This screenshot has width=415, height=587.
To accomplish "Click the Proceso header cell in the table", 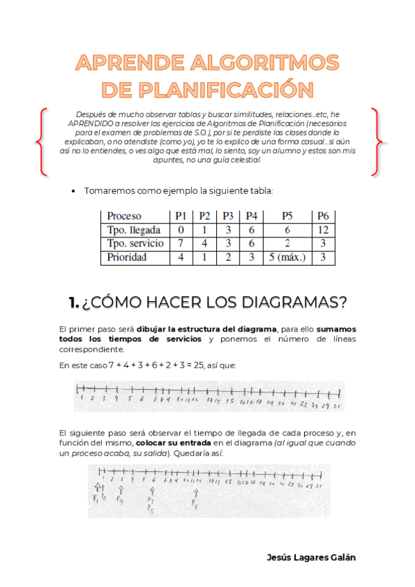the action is coord(125,216).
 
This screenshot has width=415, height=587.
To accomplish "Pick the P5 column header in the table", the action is coord(288,216).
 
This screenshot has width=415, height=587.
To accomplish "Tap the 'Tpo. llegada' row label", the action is coord(134,230).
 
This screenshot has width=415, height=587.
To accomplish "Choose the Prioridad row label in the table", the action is coord(127,257).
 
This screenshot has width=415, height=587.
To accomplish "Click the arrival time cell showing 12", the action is coord(323,230).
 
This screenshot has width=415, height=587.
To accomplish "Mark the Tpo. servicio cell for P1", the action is coord(181,243).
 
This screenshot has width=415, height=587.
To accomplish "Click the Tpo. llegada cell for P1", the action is coord(181,230).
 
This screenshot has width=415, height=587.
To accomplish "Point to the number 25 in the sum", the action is coord(201,365).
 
